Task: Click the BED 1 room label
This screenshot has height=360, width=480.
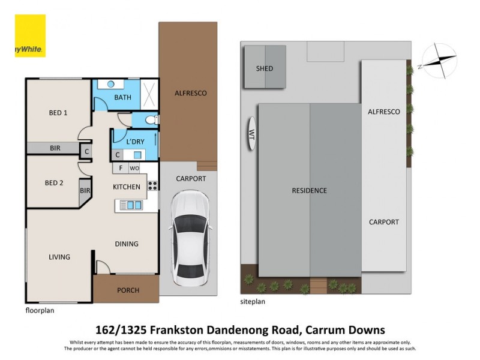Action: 58,113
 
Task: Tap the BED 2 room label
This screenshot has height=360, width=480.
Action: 54,183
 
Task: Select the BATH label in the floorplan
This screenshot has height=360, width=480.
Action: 122,97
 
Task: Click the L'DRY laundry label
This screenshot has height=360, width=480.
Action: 135,142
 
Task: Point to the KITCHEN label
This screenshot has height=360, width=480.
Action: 127,187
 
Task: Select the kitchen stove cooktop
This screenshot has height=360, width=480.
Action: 152,185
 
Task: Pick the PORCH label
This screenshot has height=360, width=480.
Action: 128,290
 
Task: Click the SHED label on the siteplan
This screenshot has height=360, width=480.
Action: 264,68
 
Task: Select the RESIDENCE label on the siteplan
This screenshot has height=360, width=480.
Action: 310,191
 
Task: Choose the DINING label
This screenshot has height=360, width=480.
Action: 127,244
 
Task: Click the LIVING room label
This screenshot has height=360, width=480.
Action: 59,257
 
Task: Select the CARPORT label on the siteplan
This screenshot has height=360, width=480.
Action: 383,222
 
